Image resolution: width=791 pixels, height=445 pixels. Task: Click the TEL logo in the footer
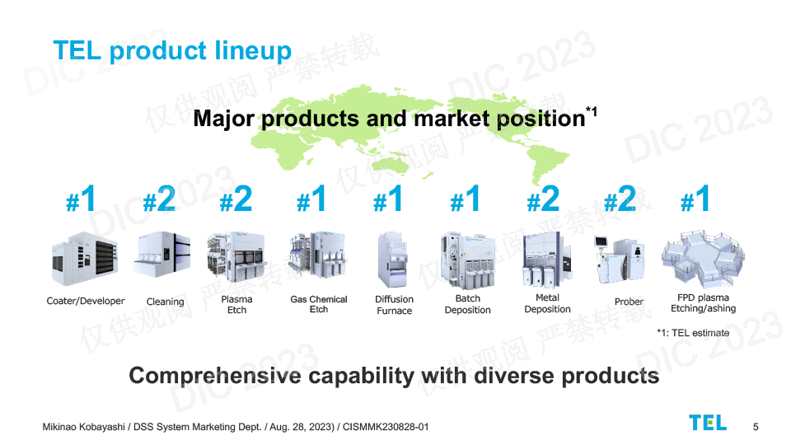click(708, 423)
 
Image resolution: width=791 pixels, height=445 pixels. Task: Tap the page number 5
click(756, 427)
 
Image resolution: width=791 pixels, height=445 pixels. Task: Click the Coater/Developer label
click(86, 301)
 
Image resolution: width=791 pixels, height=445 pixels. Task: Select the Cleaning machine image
click(162, 255)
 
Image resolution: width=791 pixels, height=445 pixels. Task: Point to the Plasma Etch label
click(236, 304)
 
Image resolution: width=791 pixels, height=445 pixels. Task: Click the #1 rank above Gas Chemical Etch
click(311, 199)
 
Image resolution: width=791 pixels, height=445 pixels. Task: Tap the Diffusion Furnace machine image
click(392, 260)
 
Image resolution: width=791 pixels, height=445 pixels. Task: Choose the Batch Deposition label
click(468, 304)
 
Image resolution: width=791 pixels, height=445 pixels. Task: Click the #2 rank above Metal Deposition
click(543, 199)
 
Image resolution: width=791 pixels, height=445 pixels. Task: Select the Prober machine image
click(620, 260)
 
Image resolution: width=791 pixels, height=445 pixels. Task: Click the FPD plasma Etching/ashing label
click(703, 302)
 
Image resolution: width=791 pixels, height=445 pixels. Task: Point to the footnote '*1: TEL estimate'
click(693, 333)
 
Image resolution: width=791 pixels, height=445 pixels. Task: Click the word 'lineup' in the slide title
click(253, 51)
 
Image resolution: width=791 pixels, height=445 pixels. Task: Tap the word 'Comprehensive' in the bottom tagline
click(214, 376)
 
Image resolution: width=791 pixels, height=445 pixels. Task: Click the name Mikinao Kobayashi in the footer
click(84, 427)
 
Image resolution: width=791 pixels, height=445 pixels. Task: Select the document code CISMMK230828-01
click(386, 427)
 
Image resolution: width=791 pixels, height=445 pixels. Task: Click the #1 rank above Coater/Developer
click(81, 199)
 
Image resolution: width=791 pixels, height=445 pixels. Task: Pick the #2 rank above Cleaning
click(159, 199)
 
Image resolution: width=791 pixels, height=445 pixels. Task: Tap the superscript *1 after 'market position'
click(592, 111)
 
